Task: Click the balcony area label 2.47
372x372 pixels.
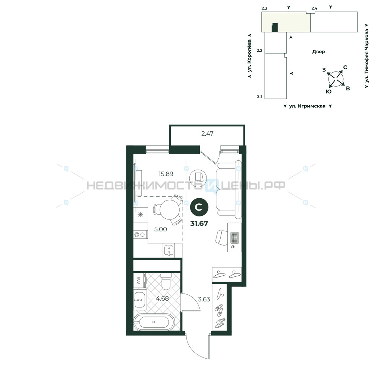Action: point(207,134)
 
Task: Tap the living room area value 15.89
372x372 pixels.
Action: point(166,174)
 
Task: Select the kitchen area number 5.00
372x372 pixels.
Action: point(160,229)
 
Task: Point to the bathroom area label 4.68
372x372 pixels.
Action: point(162,298)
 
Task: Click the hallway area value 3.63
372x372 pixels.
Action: point(204,299)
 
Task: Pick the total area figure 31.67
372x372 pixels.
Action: point(199,224)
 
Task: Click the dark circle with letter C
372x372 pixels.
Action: point(199,207)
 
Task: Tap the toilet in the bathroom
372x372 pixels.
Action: point(166,281)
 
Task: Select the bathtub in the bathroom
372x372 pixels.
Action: point(154,322)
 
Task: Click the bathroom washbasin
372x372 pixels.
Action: point(140,299)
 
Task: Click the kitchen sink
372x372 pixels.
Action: point(169,250)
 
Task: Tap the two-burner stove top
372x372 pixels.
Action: point(140,234)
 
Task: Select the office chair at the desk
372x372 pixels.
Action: point(221,237)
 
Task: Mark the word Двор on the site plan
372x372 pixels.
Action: point(318,51)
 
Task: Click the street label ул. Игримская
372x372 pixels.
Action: point(307,106)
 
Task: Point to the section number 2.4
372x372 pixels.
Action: point(314,8)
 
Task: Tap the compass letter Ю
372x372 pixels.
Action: point(328,92)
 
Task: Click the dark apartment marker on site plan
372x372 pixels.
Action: point(275,28)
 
